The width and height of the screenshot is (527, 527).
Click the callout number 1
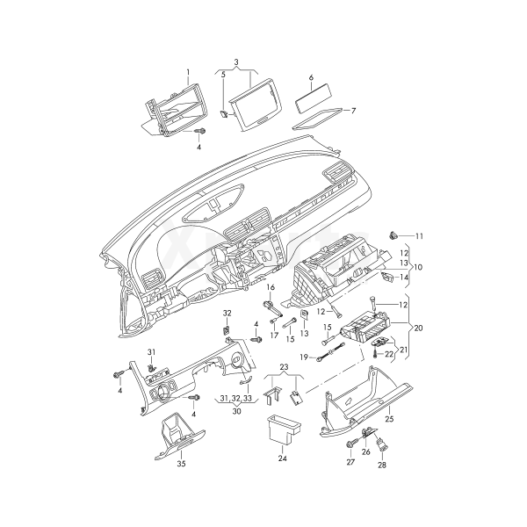point(188,72)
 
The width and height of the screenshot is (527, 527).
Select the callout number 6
point(311,77)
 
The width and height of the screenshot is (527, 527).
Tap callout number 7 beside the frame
point(353,111)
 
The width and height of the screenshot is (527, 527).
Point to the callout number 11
point(419,236)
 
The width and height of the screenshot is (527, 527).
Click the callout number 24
point(282,458)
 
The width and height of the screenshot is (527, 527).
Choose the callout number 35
point(181,464)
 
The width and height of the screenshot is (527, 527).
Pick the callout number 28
point(382,466)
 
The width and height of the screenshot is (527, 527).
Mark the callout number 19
point(304,357)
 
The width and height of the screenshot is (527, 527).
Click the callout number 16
point(271,287)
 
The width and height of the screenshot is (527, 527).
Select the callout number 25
point(389,419)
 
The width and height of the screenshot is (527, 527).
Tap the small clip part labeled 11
point(393,235)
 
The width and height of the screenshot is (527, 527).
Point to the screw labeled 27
point(350,445)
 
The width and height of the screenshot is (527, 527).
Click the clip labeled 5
point(224,114)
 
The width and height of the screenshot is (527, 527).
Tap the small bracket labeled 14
point(388,277)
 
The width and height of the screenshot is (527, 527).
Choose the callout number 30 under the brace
point(236,411)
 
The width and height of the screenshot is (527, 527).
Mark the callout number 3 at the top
point(236,62)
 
